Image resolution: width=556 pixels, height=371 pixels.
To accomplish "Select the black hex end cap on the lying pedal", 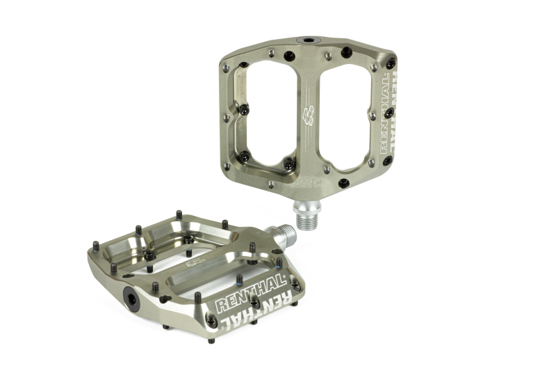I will click(131, 296).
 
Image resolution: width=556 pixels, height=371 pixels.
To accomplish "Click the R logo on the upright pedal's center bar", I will click(308, 113).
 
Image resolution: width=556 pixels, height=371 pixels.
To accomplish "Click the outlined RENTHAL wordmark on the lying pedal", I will click(250, 293).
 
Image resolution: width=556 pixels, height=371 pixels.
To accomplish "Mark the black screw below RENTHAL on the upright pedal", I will click(388, 161).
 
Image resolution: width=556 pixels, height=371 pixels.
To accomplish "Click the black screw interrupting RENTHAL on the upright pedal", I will click(389, 111).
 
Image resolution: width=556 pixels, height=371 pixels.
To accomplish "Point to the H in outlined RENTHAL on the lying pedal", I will click(260, 289).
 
